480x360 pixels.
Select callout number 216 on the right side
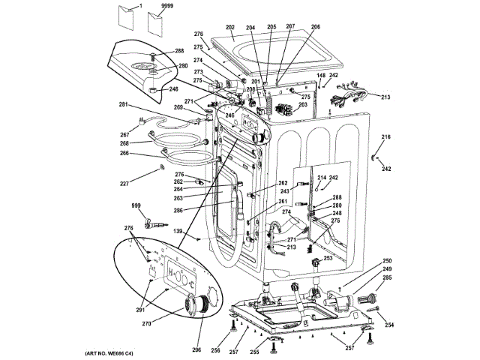coord(386,137)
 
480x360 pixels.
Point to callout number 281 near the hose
coord(124,104)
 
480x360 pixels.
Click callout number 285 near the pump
coord(388,278)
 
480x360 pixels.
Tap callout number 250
coord(388,260)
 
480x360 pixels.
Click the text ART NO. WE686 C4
coord(103,352)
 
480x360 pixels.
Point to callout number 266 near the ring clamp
coord(124,153)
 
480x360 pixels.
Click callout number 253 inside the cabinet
coord(328,258)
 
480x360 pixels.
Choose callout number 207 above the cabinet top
coord(290,26)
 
